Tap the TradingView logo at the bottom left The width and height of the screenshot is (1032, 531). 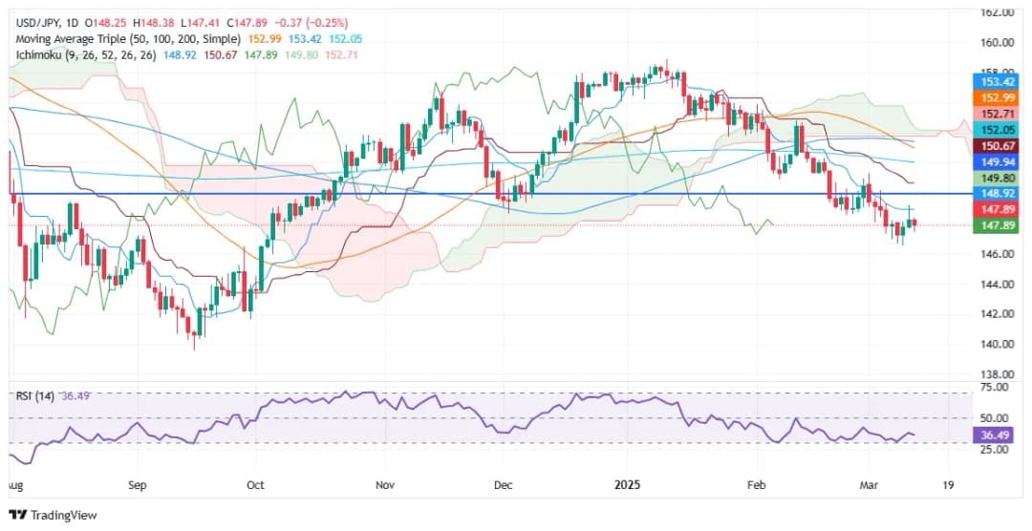[x=54, y=516]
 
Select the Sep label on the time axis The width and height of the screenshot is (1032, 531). [x=137, y=484]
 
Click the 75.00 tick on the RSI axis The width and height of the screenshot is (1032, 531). [x=997, y=388]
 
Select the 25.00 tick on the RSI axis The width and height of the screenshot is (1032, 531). [x=997, y=449]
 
